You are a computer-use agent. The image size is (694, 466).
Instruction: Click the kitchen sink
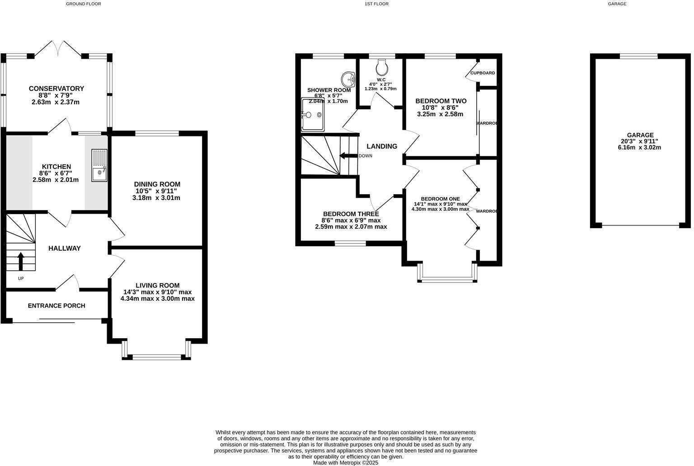click(x=99, y=165)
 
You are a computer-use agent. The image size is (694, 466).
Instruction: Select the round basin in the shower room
click(x=348, y=79)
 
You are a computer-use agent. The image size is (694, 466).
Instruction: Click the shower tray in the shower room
click(x=313, y=114)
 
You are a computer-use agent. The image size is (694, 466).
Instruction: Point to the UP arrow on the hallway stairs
click(x=21, y=261)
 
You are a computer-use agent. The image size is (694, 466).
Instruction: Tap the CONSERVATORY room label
click(x=56, y=89)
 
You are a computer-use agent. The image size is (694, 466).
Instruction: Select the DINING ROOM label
click(x=157, y=184)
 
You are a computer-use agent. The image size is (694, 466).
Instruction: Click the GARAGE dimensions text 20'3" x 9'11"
click(x=640, y=141)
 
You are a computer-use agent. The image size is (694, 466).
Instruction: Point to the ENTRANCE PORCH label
click(x=56, y=306)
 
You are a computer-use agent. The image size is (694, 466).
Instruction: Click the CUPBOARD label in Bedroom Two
click(x=483, y=73)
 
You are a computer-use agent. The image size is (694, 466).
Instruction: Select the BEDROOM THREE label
click(x=351, y=214)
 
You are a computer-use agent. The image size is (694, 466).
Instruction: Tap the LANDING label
click(x=382, y=146)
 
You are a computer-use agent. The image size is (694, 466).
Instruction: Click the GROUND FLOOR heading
click(x=84, y=4)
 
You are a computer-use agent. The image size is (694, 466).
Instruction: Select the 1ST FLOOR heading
click(x=376, y=4)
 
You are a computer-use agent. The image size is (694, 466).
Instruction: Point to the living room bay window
click(x=157, y=357)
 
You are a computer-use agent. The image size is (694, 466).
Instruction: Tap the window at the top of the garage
click(x=638, y=56)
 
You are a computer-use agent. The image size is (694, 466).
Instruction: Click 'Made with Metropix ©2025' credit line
click(x=346, y=462)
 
